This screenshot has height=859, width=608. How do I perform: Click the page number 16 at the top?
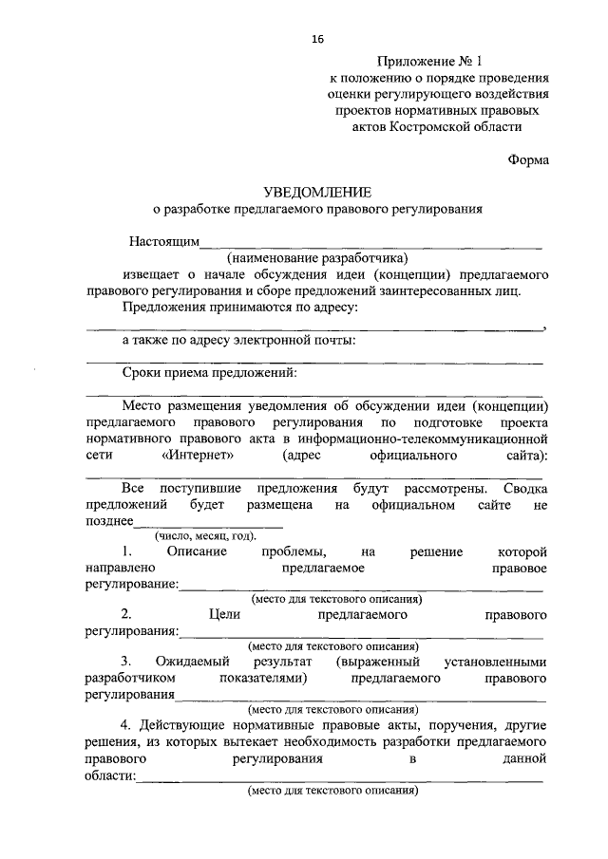pyautogui.click(x=317, y=39)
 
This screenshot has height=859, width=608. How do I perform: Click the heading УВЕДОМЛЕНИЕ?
pyautogui.click(x=317, y=193)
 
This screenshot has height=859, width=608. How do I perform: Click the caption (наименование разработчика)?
pyautogui.click(x=316, y=257)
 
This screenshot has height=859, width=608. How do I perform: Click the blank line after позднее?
pyautogui.click(x=208, y=524)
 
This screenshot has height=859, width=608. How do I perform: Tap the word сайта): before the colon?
pyautogui.click(x=524, y=455)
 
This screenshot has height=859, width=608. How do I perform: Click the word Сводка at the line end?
pyautogui.click(x=523, y=488)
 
